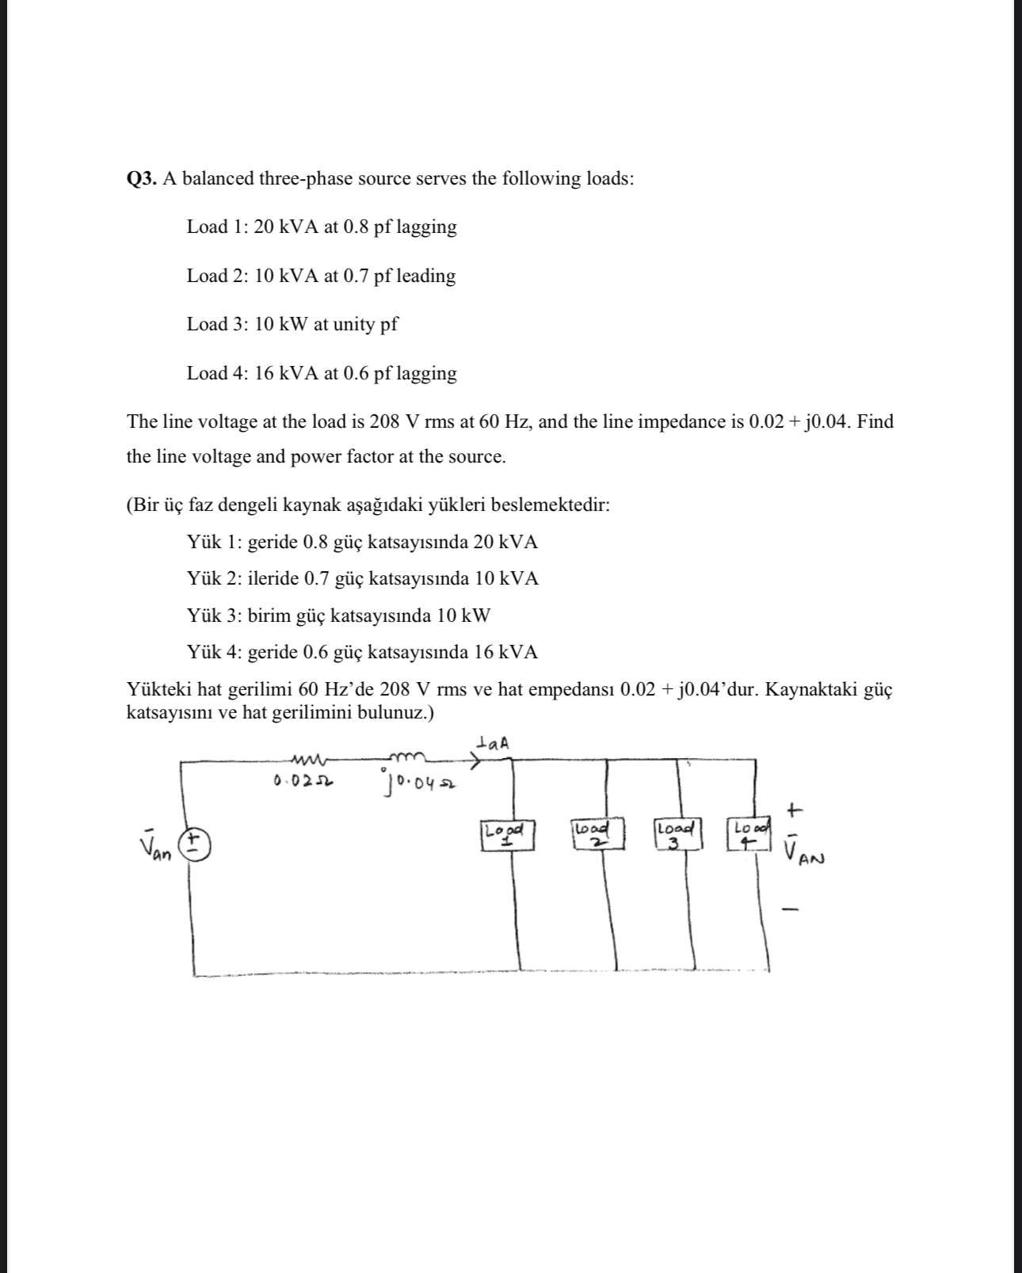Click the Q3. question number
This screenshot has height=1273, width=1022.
pyautogui.click(x=143, y=179)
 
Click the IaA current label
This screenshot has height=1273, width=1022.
pyautogui.click(x=494, y=743)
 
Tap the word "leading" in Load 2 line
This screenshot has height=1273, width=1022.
pyautogui.click(x=425, y=276)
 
